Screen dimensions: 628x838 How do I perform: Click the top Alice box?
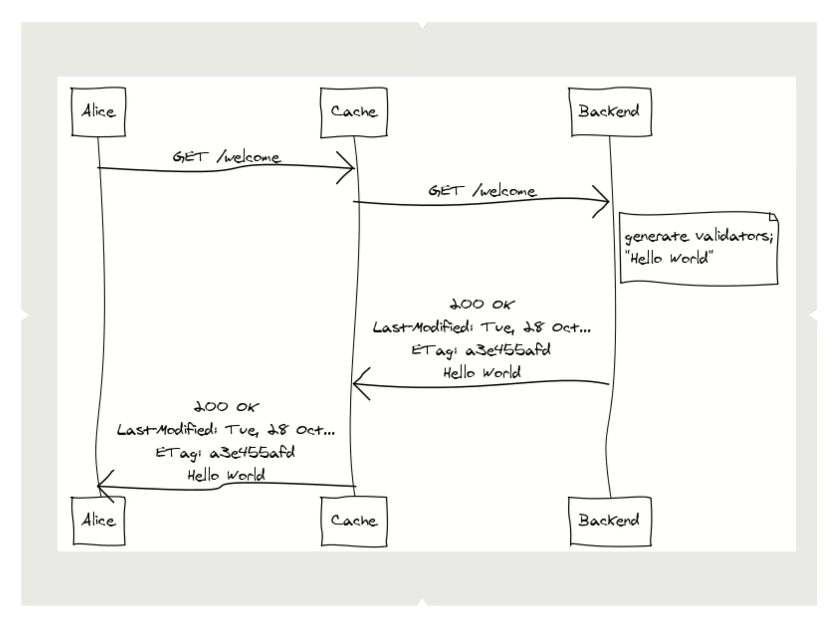(x=98, y=112)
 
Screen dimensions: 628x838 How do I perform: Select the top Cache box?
(x=354, y=112)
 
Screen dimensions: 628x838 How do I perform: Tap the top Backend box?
(x=610, y=112)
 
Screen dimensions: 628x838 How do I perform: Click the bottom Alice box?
(x=98, y=521)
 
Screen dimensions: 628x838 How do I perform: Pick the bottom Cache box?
(x=354, y=521)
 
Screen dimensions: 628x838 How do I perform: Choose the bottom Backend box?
(x=610, y=521)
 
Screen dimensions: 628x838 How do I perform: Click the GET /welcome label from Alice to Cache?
(x=226, y=157)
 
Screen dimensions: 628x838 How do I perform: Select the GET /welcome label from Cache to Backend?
(x=482, y=191)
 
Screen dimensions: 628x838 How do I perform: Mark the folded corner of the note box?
(x=773, y=217)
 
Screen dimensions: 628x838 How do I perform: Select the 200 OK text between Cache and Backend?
(x=482, y=305)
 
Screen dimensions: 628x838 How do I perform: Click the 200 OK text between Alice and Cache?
(x=226, y=407)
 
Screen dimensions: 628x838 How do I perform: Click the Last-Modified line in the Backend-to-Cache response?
(x=482, y=327)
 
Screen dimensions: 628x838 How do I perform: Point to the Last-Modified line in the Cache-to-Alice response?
(x=226, y=430)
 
